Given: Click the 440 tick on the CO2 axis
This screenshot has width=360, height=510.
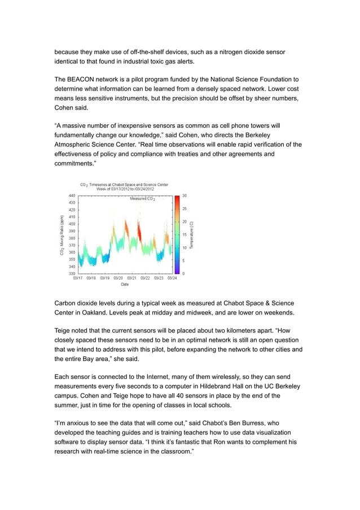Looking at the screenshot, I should (72, 195).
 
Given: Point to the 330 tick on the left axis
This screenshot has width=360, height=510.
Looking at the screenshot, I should (72, 273).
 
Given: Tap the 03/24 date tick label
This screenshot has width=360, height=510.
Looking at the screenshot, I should (172, 278).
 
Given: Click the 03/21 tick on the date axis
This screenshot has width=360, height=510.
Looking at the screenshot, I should (132, 278).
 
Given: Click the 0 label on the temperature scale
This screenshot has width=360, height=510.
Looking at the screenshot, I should (183, 273).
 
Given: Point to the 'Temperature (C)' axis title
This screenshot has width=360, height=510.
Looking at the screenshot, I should (192, 234).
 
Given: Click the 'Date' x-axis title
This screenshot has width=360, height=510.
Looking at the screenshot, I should (124, 285).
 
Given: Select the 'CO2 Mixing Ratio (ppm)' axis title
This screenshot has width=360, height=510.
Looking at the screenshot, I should (62, 234).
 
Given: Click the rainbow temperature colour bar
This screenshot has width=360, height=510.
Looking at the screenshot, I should (177, 234).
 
